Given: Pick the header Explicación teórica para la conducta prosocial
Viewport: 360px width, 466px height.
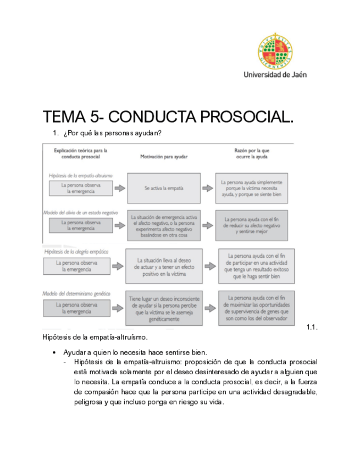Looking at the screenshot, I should (80, 153).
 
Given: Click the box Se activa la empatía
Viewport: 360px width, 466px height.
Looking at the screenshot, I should (163, 188).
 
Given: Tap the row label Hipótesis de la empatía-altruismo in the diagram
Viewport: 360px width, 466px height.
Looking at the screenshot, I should (80, 175).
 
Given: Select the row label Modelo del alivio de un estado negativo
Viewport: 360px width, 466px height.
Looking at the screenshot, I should (80, 212).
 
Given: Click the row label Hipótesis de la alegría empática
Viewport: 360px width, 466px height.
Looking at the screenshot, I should (76, 251).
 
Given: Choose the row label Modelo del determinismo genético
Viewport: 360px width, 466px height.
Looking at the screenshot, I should (77, 293).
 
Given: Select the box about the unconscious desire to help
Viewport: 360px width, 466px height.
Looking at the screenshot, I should (163, 308).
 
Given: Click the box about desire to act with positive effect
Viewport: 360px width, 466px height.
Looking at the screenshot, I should (163, 266).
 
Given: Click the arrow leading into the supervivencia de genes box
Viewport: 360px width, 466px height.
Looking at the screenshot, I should (208, 308).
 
